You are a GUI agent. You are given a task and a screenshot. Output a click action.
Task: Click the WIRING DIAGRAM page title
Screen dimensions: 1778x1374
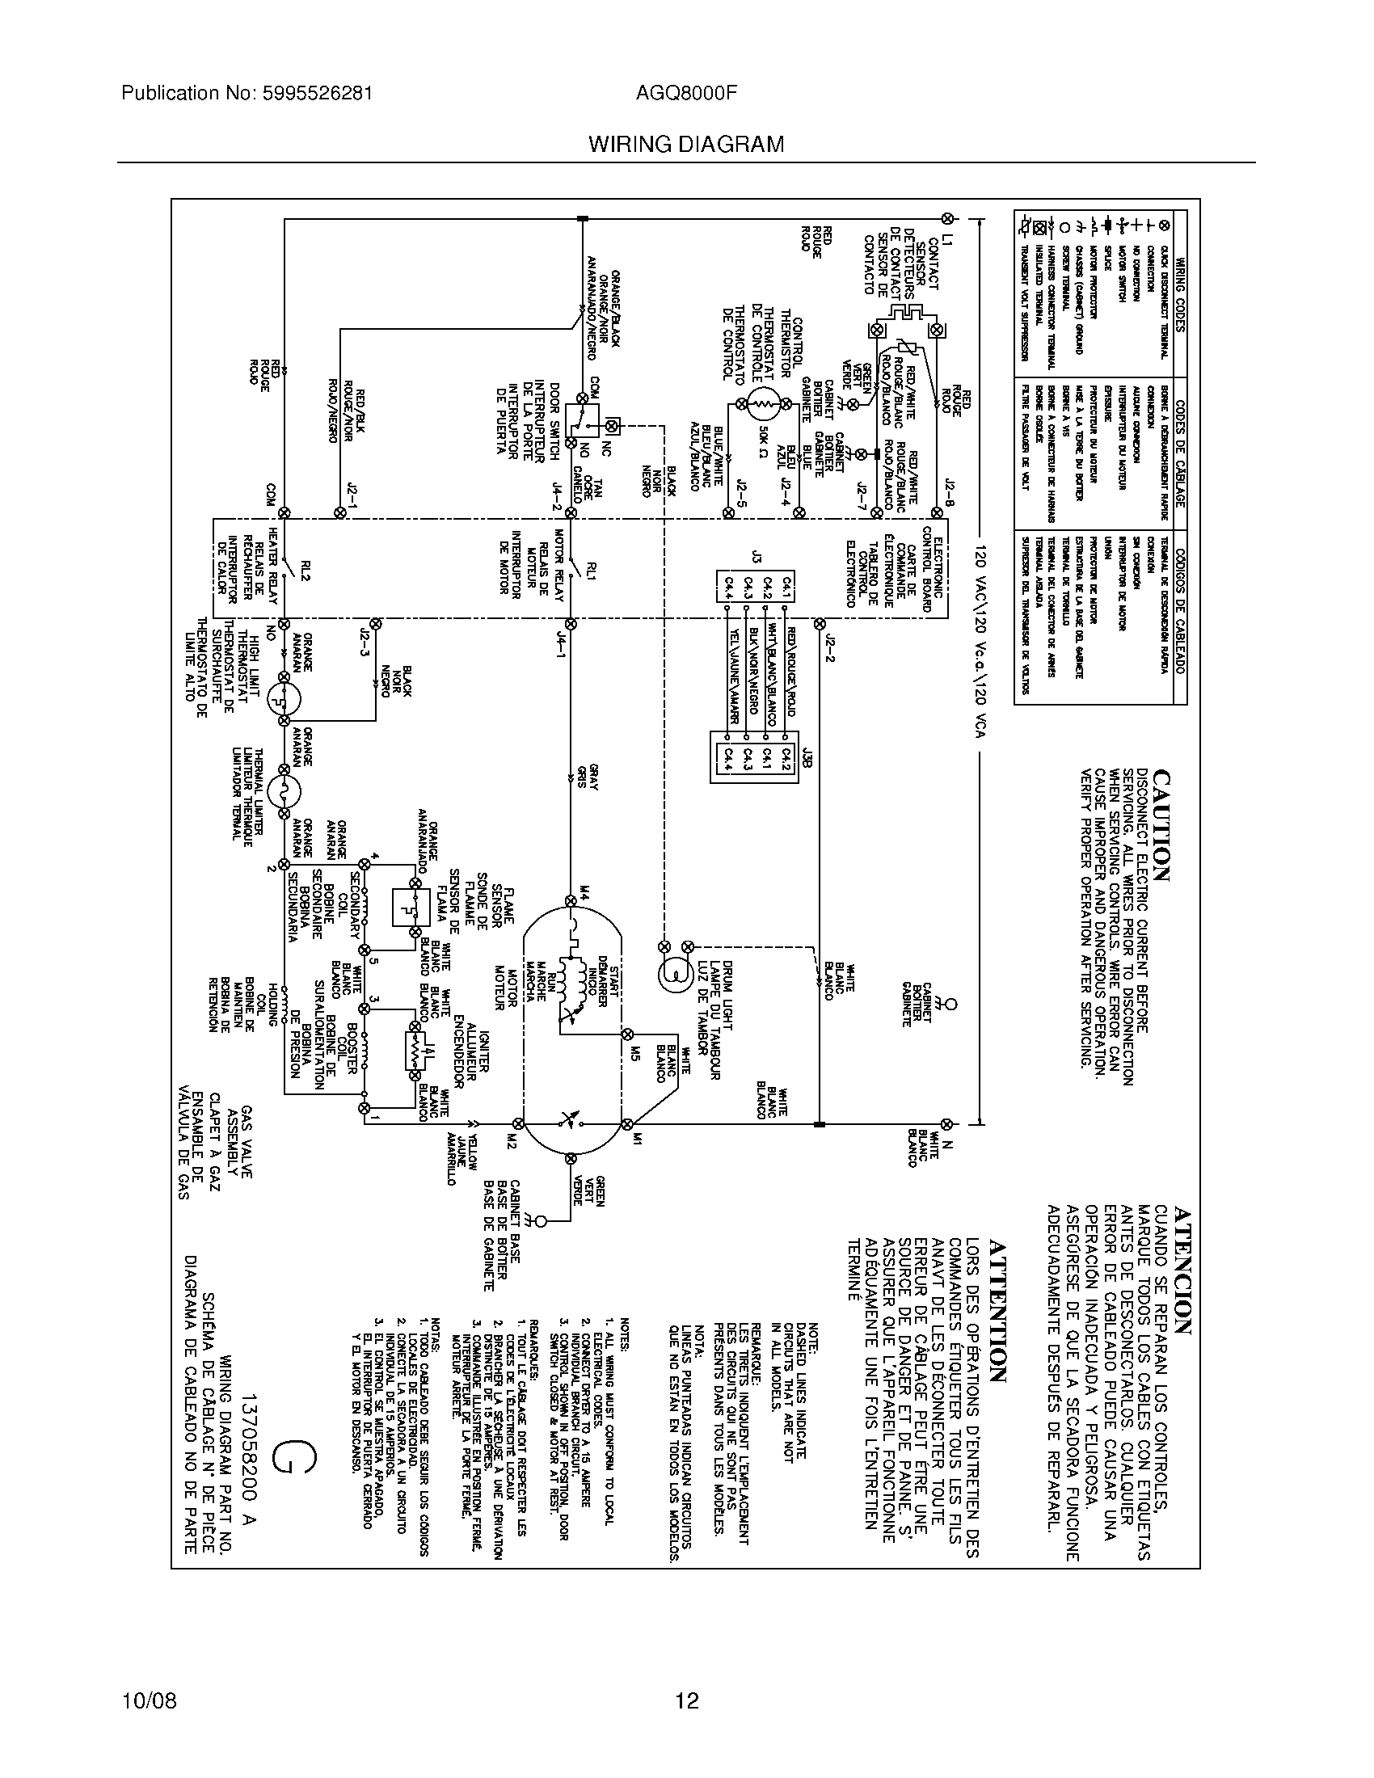pos(686,145)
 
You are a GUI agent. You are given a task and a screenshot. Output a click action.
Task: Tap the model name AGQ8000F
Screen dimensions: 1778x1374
pos(686,94)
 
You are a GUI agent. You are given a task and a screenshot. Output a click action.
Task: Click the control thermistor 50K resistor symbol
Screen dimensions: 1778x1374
pos(763,404)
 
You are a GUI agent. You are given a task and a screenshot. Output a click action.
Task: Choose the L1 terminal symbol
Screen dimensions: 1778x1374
pos(946,218)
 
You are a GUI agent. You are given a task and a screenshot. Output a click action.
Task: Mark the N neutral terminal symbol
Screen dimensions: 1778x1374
pos(946,1124)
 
